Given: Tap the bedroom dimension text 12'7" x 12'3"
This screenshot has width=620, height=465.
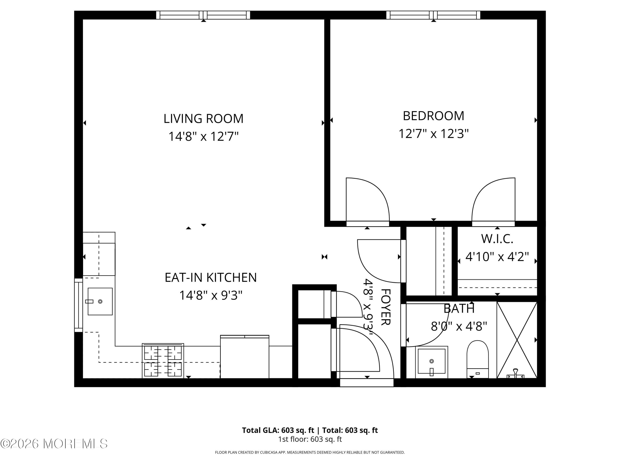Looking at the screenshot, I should (433, 134).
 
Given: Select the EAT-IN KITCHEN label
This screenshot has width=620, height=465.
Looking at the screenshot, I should (211, 278).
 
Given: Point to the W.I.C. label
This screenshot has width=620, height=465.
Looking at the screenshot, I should (497, 239).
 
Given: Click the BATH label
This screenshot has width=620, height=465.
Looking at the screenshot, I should (459, 309).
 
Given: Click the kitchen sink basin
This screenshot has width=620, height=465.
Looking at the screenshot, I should (100, 302).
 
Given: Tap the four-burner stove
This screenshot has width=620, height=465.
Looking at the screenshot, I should (163, 361).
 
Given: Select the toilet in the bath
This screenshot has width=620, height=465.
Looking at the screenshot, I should (477, 359).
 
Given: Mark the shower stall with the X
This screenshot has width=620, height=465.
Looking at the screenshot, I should (517, 340).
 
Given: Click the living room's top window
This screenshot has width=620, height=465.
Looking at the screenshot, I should (203, 15).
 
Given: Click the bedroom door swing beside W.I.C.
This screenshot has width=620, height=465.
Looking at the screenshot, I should (493, 200).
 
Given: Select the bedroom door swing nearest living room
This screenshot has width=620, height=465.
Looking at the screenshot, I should (367, 200).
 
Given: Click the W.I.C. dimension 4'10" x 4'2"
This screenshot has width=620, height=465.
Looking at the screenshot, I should (497, 257).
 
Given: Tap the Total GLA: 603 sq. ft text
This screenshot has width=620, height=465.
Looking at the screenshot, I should (278, 430).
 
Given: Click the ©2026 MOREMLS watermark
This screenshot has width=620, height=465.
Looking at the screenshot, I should (54, 444).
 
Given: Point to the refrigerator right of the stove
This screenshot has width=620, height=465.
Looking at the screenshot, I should (244, 357).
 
